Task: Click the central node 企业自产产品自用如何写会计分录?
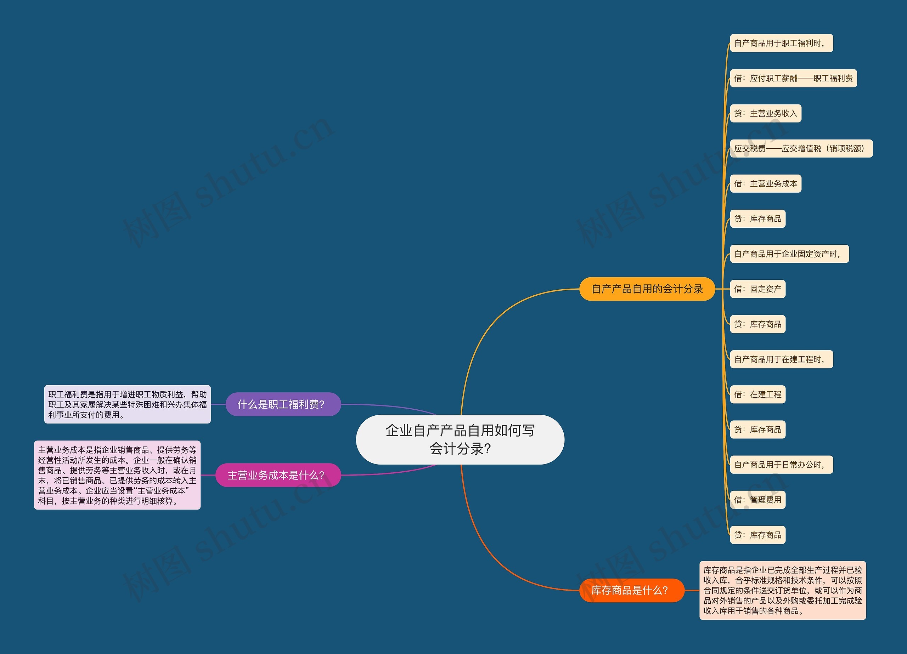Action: [460, 439]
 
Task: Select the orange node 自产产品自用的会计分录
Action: [647, 289]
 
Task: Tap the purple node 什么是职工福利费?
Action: [283, 404]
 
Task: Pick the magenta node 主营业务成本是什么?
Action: [278, 475]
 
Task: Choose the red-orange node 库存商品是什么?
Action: [632, 590]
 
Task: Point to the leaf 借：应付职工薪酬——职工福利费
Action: [793, 78]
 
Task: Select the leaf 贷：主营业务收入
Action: [765, 113]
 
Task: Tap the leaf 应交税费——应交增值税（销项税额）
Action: [801, 148]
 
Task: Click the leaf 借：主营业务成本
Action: [765, 183]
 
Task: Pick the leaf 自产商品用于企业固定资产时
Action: [789, 254]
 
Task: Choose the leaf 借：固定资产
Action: [758, 289]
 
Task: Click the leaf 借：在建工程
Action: [758, 394]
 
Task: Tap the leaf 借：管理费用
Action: [758, 500]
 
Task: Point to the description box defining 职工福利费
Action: [127, 404]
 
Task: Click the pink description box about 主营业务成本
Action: [117, 475]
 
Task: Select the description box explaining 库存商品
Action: [783, 590]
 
